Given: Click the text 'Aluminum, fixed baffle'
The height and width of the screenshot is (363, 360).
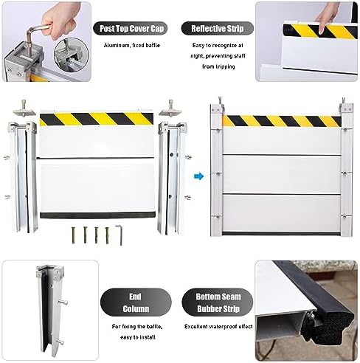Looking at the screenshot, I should point(132,46).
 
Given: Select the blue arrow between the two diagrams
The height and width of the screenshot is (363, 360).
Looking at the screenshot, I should point(198,176).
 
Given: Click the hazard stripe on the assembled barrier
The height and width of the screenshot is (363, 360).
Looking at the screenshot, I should point(281,121).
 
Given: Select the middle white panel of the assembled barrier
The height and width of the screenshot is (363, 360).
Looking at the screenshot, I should point(281,173).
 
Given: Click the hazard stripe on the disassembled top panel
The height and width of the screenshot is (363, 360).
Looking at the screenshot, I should point(96,117).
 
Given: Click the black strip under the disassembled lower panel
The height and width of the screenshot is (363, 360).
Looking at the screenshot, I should point(96,215).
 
